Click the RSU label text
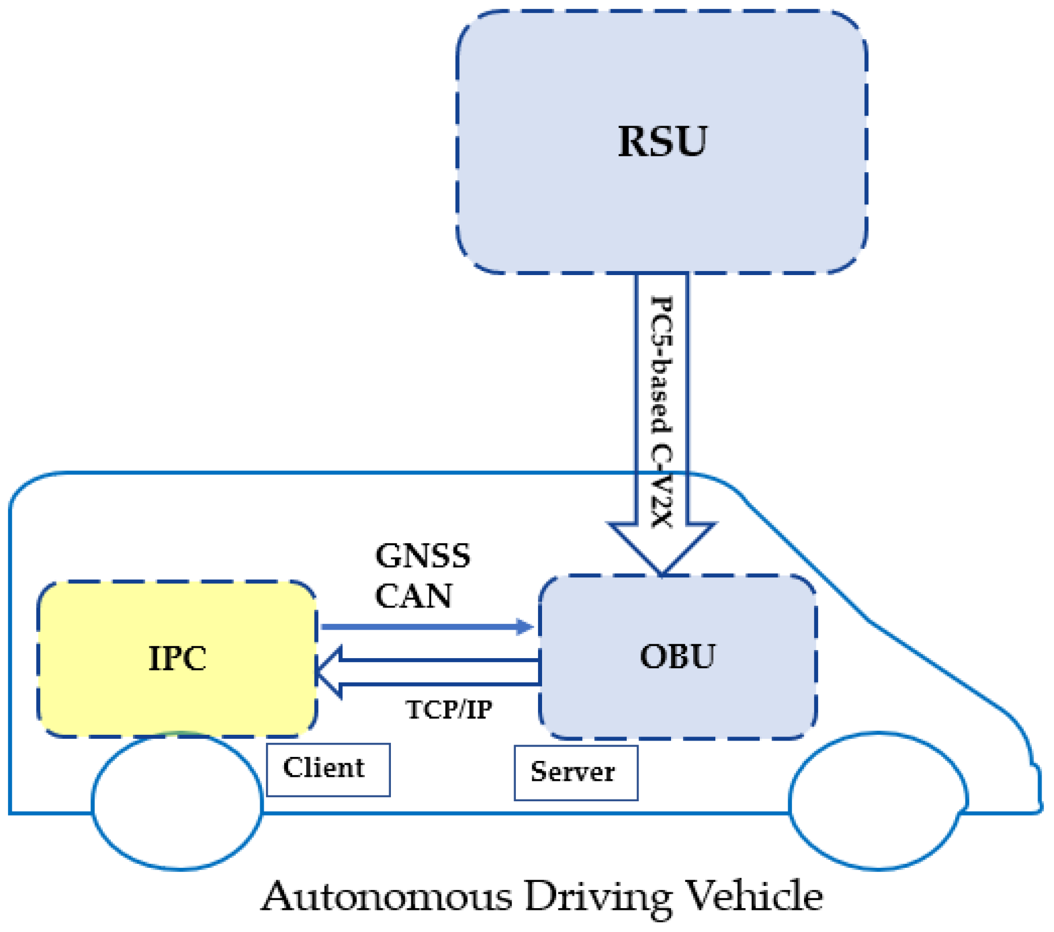click(x=662, y=141)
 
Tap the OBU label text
click(x=677, y=657)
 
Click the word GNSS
click(x=423, y=556)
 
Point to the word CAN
click(x=414, y=596)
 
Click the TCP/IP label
click(x=449, y=710)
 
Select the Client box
click(x=328, y=769)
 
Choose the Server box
click(x=575, y=773)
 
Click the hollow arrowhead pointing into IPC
click(x=330, y=672)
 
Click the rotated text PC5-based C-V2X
click(x=661, y=412)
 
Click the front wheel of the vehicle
click(x=878, y=801)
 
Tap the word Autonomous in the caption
click(x=386, y=897)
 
